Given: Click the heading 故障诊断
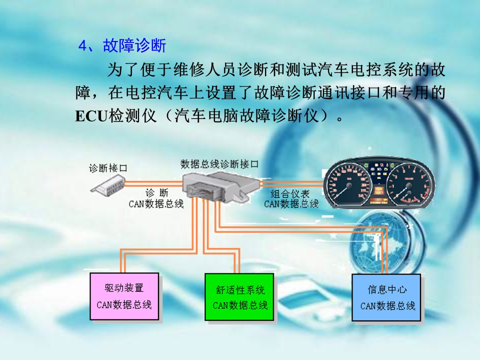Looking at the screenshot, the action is (134, 45).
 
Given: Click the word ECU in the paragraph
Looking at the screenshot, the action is (91, 116).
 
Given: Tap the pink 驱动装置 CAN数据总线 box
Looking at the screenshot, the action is (124, 296).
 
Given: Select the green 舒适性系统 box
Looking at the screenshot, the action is (239, 297).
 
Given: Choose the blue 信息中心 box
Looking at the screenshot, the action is (386, 297).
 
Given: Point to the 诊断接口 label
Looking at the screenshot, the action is (108, 168).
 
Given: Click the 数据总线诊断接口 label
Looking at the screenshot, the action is (219, 164).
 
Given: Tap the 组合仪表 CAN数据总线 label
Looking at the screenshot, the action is (291, 198).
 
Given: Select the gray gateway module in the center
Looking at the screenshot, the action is (220, 186).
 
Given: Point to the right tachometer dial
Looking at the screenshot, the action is (409, 184).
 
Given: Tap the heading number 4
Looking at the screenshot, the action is (83, 46).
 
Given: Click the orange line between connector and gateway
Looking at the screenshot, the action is (154, 183).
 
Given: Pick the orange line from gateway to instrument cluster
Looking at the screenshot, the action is (291, 183).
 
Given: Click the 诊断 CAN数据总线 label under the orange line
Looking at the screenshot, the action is (156, 198).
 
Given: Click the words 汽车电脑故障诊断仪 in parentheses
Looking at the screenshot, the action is (246, 116).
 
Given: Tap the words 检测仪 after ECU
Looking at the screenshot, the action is (132, 116).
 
